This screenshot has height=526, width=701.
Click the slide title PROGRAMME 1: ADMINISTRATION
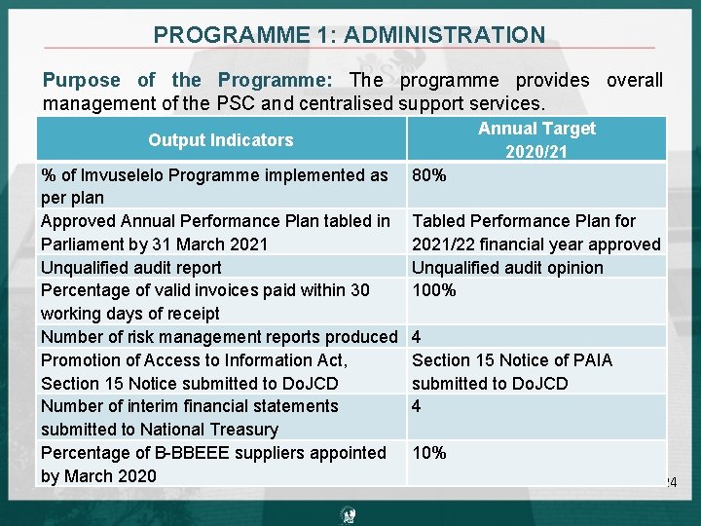(x=350, y=35)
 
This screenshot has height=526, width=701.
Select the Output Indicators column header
(x=220, y=140)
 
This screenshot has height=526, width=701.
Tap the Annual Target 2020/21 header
(x=535, y=139)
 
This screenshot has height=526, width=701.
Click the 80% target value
(x=429, y=175)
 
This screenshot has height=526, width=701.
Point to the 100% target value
(x=434, y=290)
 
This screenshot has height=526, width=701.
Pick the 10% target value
(x=429, y=453)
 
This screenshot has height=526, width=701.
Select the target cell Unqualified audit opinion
(x=507, y=267)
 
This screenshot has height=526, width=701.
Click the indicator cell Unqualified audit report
(x=131, y=267)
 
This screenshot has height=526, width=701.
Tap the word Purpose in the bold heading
(x=82, y=81)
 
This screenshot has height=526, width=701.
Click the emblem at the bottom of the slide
(x=350, y=514)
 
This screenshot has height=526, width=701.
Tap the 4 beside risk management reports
(x=417, y=337)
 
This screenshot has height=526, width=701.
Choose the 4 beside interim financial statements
(x=417, y=406)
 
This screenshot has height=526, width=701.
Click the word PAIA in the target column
(x=592, y=360)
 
